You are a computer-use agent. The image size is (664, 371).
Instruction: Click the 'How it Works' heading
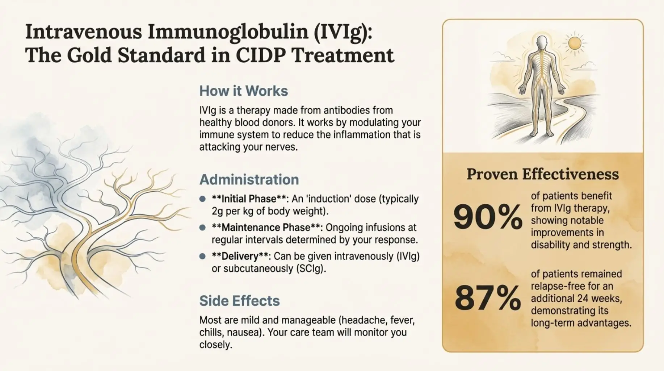[244, 91]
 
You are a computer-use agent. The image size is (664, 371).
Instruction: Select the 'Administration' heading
[249, 180]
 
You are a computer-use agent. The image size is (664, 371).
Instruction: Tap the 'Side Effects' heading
[239, 301]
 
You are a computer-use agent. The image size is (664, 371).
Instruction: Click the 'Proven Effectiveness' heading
[543, 174]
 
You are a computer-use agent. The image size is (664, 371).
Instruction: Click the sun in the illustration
[574, 43]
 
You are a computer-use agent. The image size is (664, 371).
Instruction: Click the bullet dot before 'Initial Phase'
[203, 199]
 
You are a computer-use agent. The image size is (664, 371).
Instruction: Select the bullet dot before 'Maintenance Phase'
[203, 228]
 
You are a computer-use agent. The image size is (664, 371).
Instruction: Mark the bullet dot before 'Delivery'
[203, 256]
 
